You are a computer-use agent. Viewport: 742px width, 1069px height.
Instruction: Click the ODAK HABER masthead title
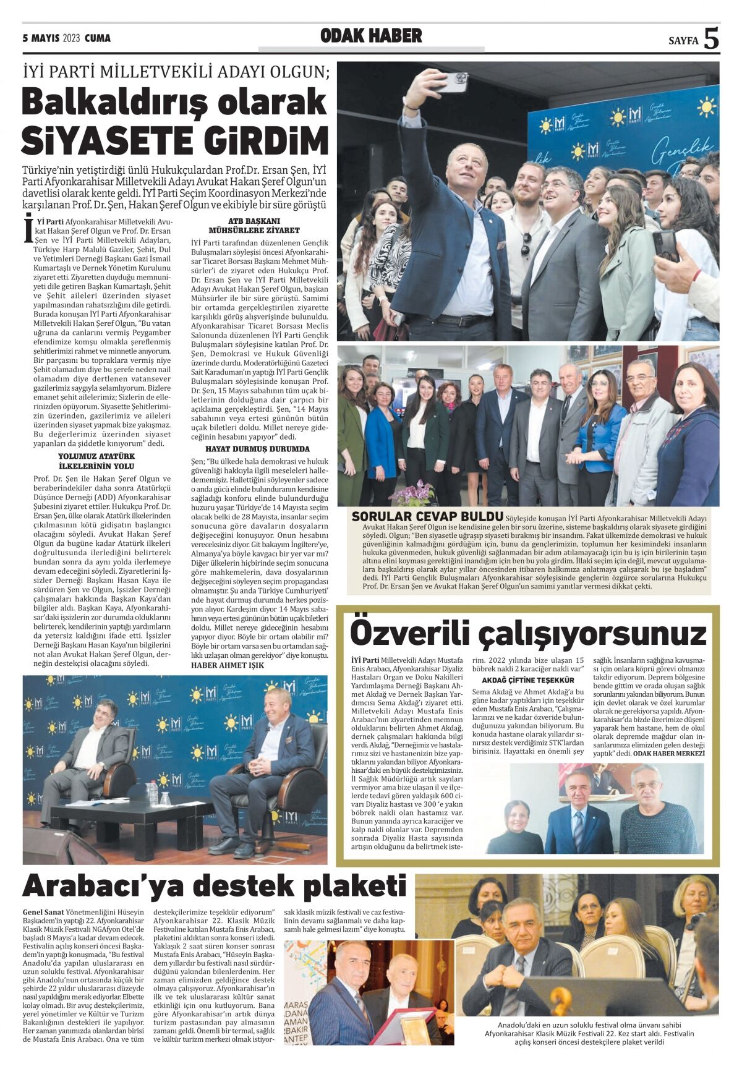(x=371, y=36)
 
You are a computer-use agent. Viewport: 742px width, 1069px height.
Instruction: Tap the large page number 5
(x=711, y=39)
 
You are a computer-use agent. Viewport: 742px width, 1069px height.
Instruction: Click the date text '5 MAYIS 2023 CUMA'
(x=66, y=38)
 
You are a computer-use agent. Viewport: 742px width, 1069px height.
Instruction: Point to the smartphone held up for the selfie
(x=450, y=81)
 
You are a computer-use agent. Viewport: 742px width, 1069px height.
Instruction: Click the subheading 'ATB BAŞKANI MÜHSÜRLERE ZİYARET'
(x=255, y=225)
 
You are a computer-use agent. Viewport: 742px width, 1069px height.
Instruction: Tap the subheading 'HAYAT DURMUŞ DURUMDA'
(x=258, y=449)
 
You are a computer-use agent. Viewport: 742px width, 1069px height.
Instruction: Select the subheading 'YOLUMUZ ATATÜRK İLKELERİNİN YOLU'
(x=96, y=461)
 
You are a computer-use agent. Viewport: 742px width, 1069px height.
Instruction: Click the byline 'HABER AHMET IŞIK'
(x=228, y=665)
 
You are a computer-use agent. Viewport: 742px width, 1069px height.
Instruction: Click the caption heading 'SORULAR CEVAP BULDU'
(x=427, y=516)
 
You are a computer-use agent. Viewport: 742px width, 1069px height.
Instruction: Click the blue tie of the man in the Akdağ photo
(x=578, y=828)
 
